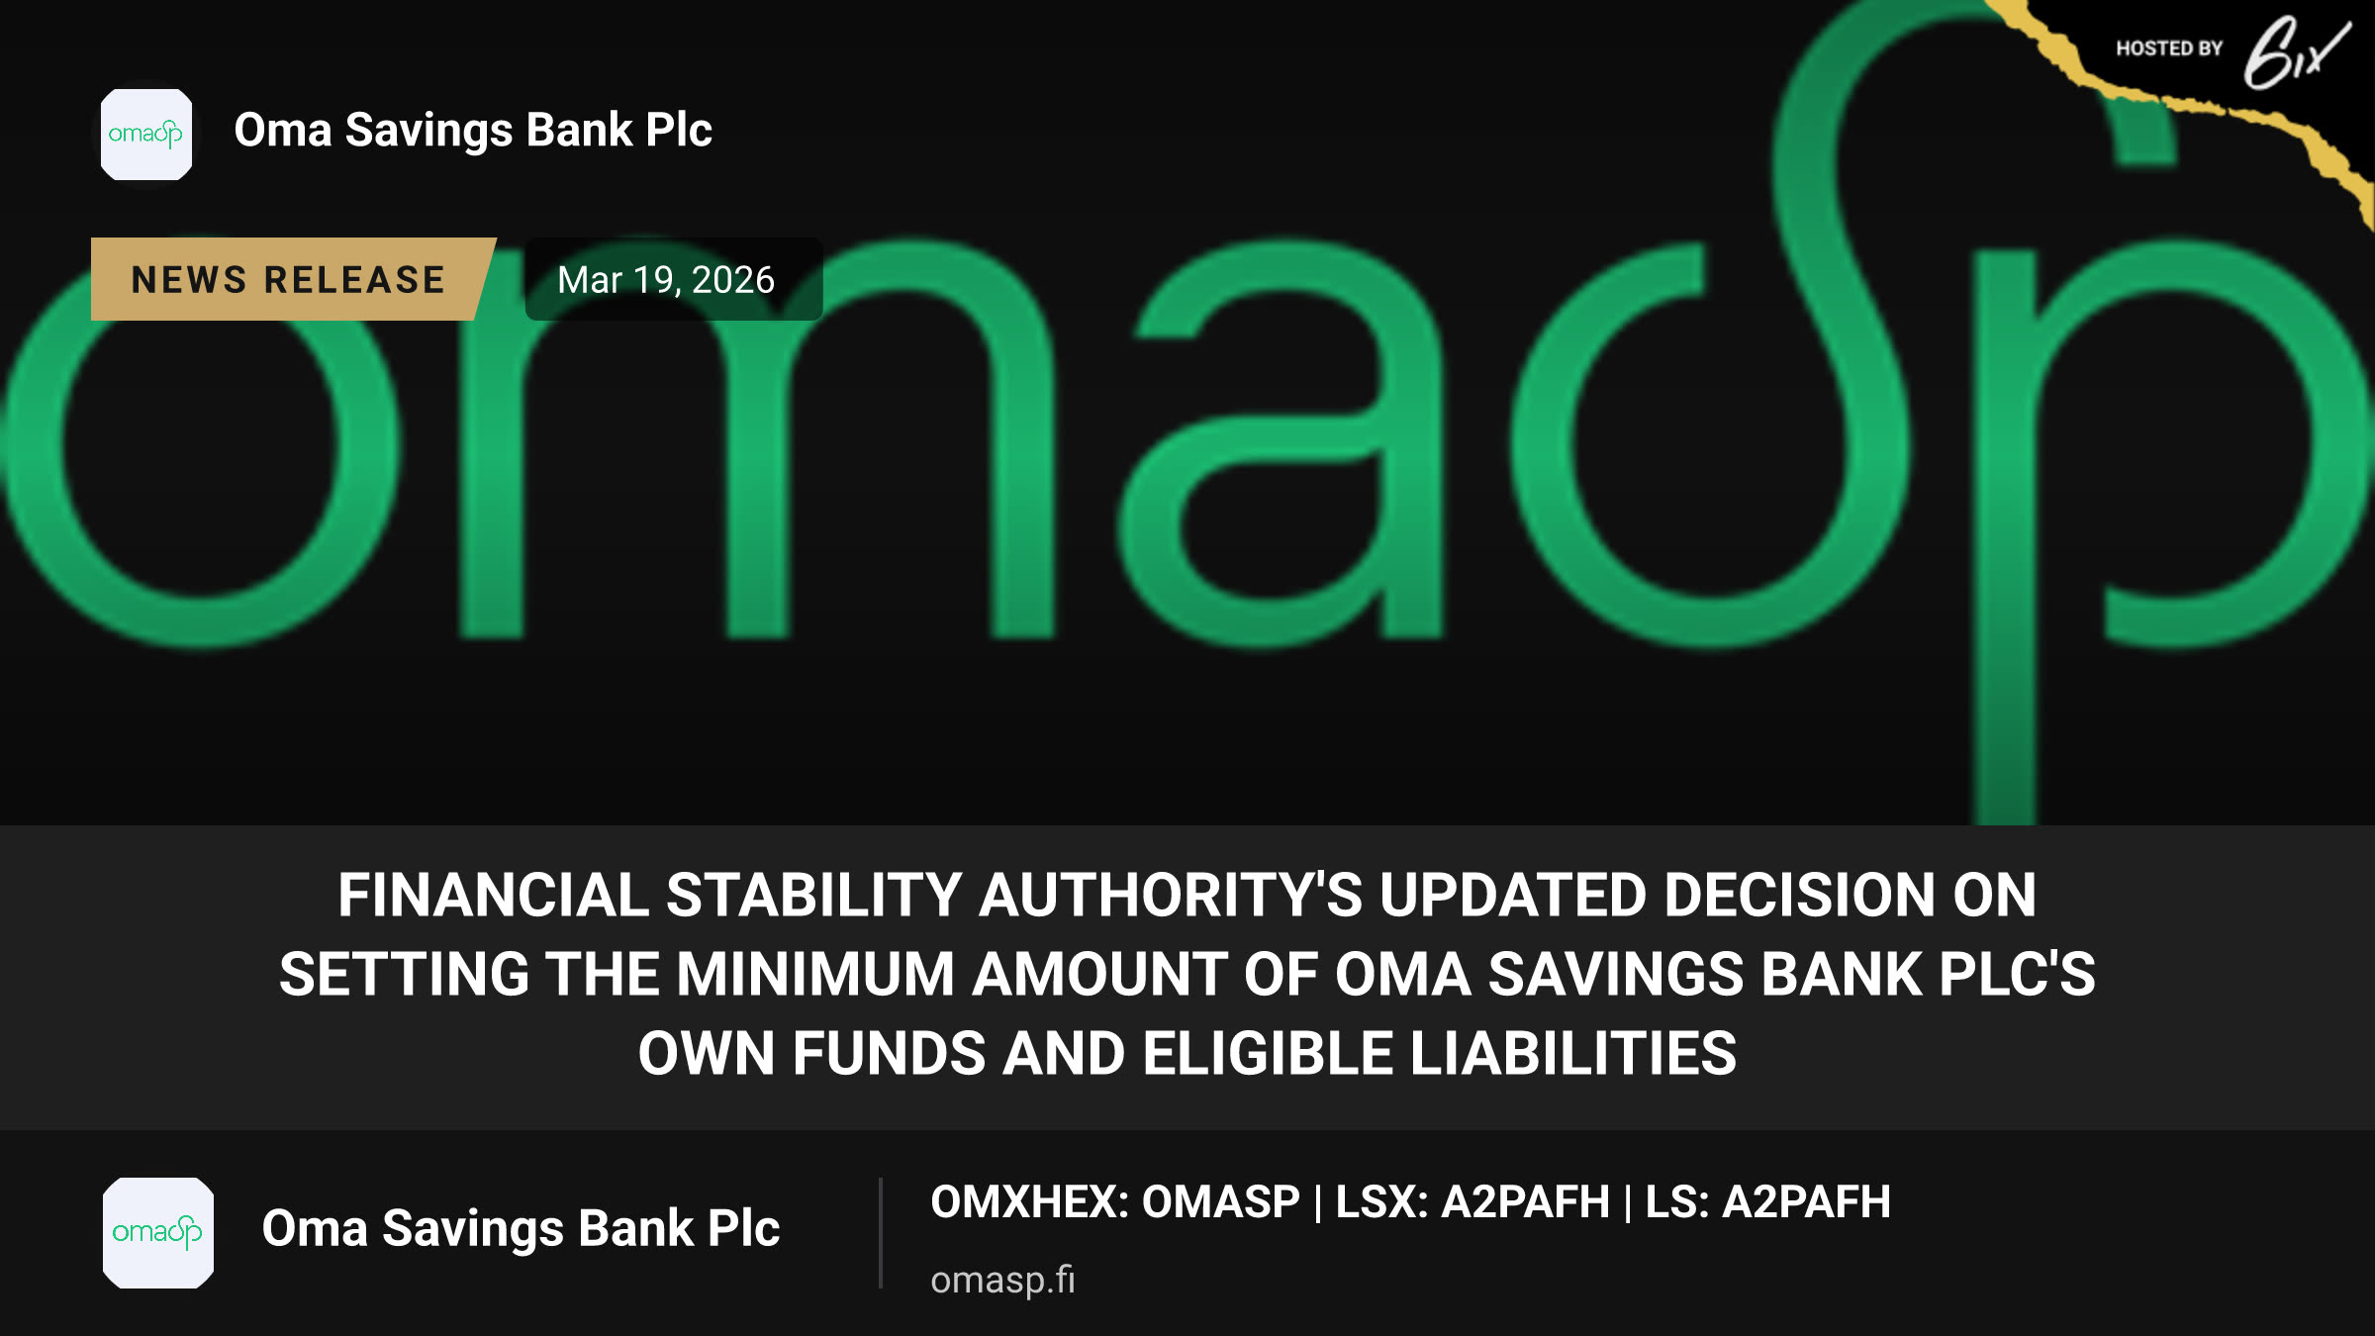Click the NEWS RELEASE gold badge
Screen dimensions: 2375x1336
(x=292, y=279)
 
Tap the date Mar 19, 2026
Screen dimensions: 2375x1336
(x=666, y=280)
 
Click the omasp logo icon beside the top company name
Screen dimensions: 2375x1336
(x=146, y=135)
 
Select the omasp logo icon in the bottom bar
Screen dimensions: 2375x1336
(x=158, y=1233)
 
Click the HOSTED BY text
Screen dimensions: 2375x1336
(x=2169, y=48)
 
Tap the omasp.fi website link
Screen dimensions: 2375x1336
(x=1002, y=1280)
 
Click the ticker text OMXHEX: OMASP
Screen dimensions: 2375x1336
(x=1115, y=1202)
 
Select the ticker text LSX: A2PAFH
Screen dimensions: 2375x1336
(x=1472, y=1202)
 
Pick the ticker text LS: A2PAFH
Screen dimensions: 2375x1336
(x=1767, y=1202)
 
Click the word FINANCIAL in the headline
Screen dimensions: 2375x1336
(x=494, y=895)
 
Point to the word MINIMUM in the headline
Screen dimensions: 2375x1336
(x=815, y=974)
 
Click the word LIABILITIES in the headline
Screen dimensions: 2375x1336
(x=1573, y=1053)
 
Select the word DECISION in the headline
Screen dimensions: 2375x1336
(x=1799, y=895)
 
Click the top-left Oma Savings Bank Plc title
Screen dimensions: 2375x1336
(x=473, y=131)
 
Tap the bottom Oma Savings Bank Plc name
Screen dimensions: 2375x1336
(x=521, y=1229)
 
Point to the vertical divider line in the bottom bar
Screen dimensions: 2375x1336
(x=880, y=1233)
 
